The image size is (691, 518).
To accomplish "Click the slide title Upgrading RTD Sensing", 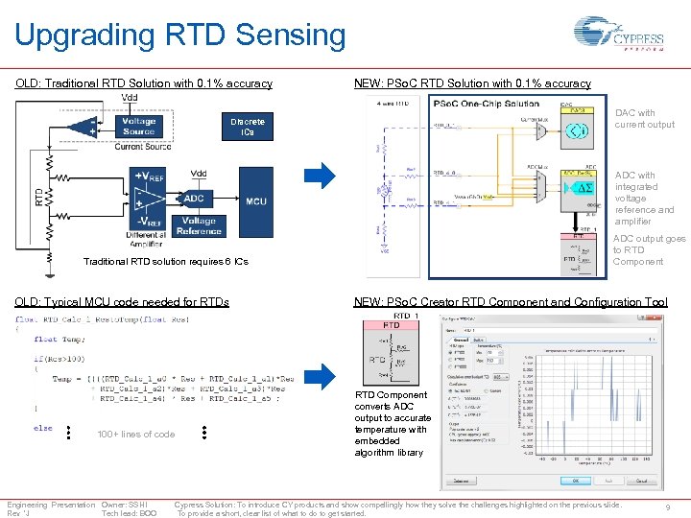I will pyautogui.click(x=179, y=35).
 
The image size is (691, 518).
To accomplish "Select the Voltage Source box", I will pyautogui.click(x=139, y=127).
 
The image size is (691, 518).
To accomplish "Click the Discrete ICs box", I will pyautogui.click(x=247, y=127).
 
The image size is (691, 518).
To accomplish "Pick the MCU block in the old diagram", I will pyautogui.click(x=255, y=201).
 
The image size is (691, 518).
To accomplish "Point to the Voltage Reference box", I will pyautogui.click(x=199, y=225).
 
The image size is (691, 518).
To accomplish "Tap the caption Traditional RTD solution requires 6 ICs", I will pyautogui.click(x=166, y=262).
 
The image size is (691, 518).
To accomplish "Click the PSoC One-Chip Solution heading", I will pyautogui.click(x=487, y=104).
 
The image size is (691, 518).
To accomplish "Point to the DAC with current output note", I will pyautogui.click(x=644, y=118).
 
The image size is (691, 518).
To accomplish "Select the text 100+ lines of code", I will pyautogui.click(x=136, y=435).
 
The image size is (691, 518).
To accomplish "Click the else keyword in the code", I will pyautogui.click(x=43, y=428).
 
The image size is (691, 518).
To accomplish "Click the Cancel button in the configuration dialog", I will pyautogui.click(x=642, y=481).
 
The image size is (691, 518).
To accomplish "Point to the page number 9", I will pyautogui.click(x=668, y=508).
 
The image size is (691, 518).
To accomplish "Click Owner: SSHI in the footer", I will pyautogui.click(x=124, y=505).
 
